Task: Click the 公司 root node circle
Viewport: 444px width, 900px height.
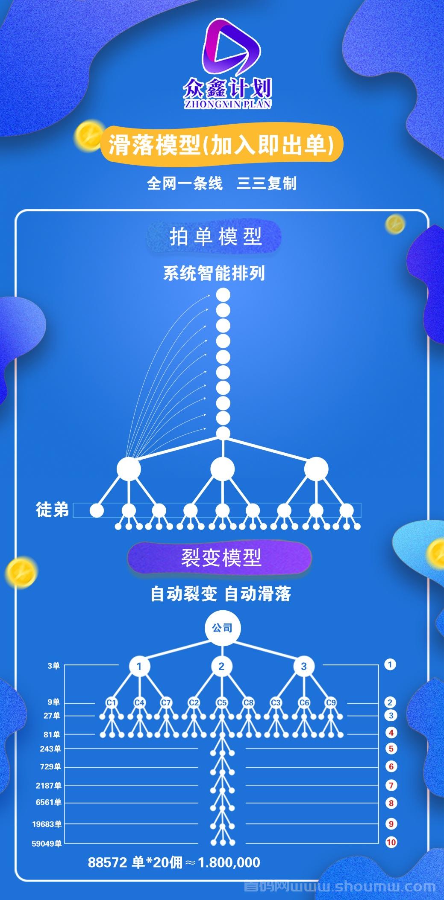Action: pos(223,628)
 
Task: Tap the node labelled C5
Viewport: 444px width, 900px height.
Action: pos(221,702)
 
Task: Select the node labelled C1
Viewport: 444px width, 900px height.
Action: pos(112,702)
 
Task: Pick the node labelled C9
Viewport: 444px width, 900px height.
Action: pos(331,702)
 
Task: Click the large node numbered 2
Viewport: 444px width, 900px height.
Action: pos(221,666)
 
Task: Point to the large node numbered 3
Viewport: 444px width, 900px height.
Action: pos(304,666)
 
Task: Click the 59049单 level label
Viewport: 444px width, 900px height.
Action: pos(47,843)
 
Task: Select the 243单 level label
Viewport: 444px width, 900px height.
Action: pos(50,749)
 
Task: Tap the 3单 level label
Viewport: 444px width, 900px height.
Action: pos(54,666)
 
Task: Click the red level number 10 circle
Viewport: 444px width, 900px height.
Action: pos(391,842)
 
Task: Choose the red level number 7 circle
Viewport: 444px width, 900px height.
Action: pos(391,785)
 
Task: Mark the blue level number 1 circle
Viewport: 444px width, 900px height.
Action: pos(390,664)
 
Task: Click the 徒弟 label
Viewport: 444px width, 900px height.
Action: pos(52,510)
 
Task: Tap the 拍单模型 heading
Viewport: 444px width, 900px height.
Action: pos(216,237)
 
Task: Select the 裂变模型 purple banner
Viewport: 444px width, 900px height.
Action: pos(220,557)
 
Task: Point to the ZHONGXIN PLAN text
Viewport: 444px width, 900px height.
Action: pos(228,104)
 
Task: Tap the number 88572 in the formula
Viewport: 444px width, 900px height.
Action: pos(107,862)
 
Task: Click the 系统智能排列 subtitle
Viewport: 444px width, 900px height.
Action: pos(214,273)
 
